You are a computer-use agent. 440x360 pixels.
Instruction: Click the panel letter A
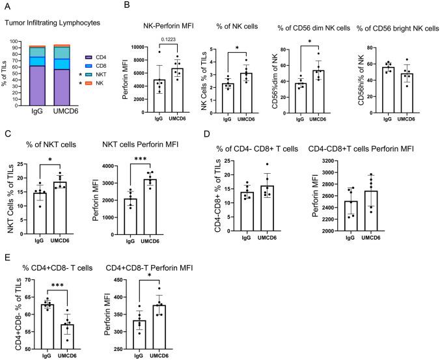[7, 6]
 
